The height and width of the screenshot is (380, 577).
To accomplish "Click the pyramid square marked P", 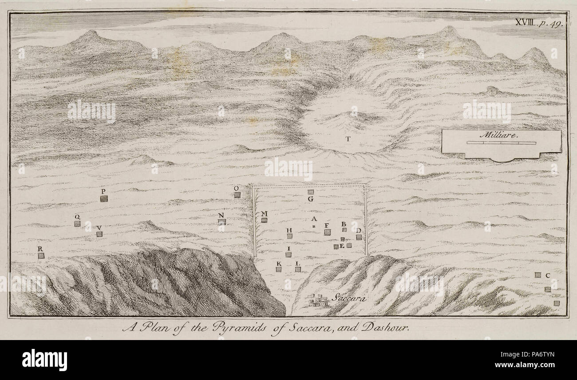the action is pos(104,198).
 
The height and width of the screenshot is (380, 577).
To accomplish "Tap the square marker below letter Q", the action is pos(77,224).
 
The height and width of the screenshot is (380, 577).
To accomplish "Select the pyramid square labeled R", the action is pos(41,256).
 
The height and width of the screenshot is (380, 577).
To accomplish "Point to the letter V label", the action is pos(99,228).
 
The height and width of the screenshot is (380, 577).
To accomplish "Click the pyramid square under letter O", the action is pos(237,194).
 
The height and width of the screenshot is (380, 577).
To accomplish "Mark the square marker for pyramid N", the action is pos(222,222).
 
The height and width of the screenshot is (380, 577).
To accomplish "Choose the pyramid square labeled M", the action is pos(264,220).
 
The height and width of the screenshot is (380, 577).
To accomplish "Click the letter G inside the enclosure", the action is pos(311,199).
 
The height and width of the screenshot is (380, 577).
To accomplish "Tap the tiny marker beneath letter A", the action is pos(313,226).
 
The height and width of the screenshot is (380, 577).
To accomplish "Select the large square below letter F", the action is pos(327,232).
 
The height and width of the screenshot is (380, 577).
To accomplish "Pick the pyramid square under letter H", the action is pos(289,236).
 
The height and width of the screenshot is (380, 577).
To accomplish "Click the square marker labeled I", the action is pos(288,254).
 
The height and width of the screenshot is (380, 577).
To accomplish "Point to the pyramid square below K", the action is pos(279,269).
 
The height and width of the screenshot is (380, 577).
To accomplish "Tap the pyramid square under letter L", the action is pos(298,269).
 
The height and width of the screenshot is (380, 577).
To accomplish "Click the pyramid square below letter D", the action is pos(359,237).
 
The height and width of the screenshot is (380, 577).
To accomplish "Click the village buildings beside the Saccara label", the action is pos(318,301).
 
